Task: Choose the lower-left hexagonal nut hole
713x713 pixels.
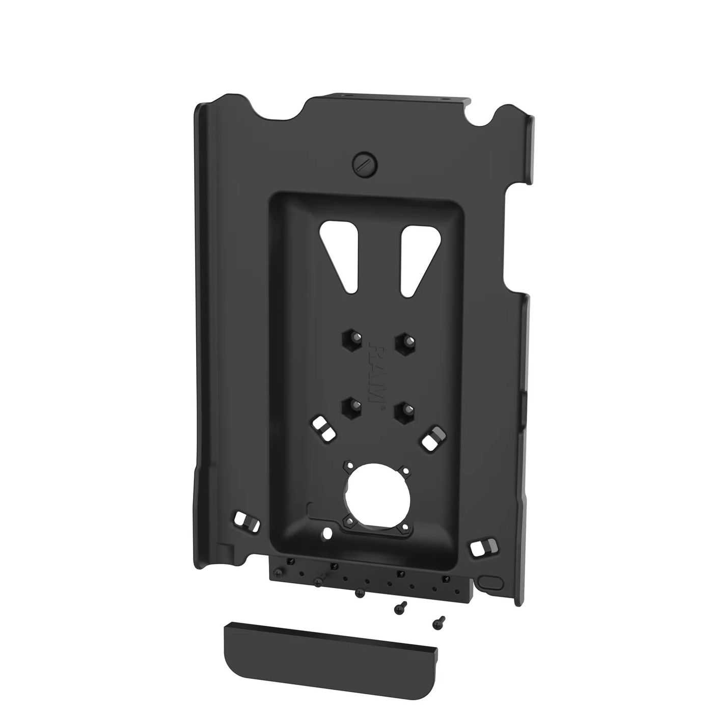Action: click(x=350, y=406)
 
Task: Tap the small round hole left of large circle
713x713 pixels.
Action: click(x=326, y=533)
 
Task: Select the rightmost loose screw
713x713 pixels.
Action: click(x=438, y=621)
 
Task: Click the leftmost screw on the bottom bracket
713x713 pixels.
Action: click(x=277, y=572)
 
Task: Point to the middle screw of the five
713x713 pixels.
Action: click(x=361, y=592)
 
